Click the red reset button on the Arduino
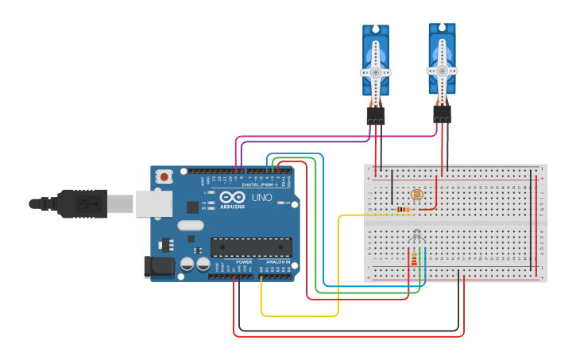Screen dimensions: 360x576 click(x=164, y=176)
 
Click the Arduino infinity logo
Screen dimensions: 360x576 click(x=233, y=196)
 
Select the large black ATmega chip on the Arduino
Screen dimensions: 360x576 click(x=250, y=247)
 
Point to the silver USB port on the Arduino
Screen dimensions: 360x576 click(x=153, y=203)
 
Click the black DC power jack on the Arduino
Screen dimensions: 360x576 click(x=159, y=266)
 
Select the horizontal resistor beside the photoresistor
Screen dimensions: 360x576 click(x=404, y=210)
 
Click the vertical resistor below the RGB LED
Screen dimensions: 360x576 click(x=414, y=258)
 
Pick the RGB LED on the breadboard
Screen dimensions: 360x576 click(x=416, y=236)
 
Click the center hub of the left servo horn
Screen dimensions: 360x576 click(x=376, y=72)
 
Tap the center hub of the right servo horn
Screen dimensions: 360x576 click(x=442, y=69)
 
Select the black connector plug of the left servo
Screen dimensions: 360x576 click(x=376, y=116)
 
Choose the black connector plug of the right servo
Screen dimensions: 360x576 click(x=442, y=114)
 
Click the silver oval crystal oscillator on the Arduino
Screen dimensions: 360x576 click(x=191, y=226)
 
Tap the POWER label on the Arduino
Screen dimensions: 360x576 click(x=244, y=261)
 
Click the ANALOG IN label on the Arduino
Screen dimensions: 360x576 click(x=277, y=261)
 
